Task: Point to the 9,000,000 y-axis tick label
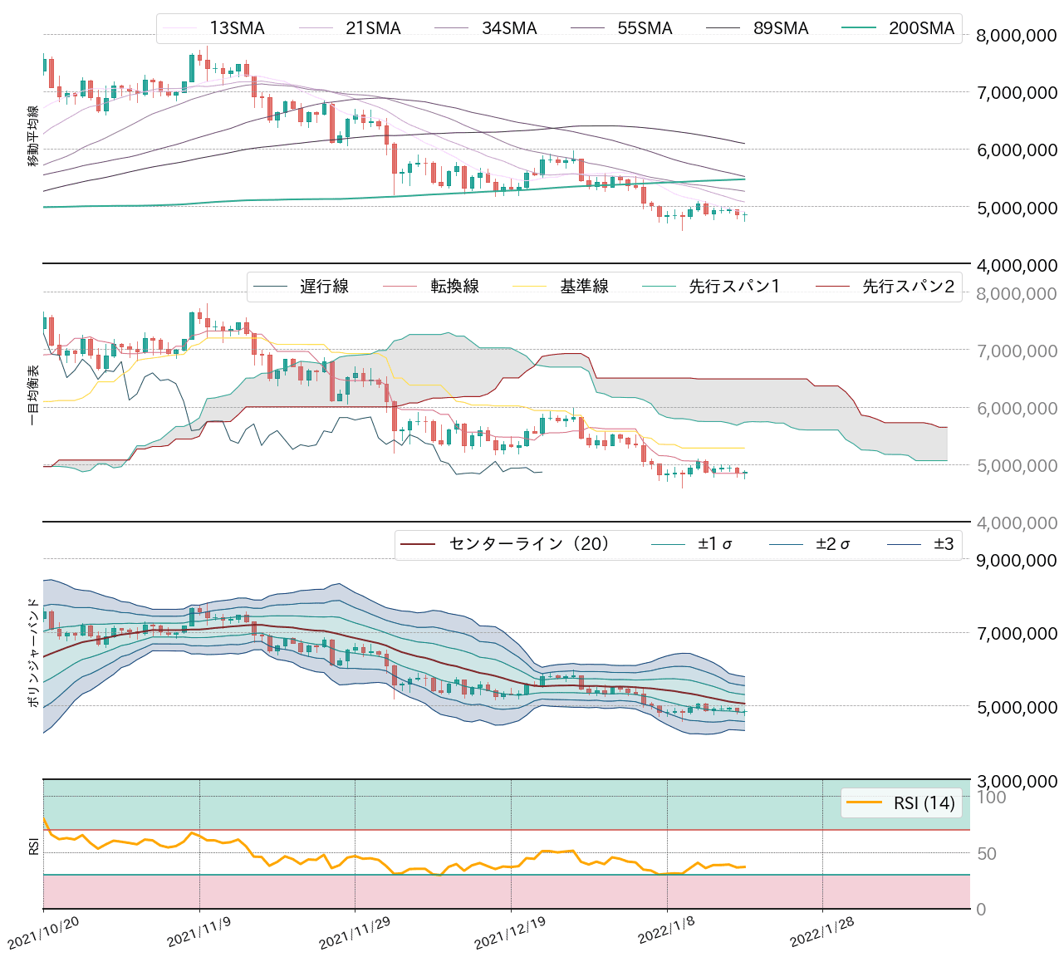click(1017, 560)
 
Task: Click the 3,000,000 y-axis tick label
click(1017, 781)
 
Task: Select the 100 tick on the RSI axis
click(991, 797)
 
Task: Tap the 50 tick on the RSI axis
click(986, 854)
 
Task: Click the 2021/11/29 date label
click(355, 934)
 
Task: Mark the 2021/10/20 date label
click(43, 934)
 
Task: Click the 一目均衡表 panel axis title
click(33, 395)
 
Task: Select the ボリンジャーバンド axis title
click(33, 652)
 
